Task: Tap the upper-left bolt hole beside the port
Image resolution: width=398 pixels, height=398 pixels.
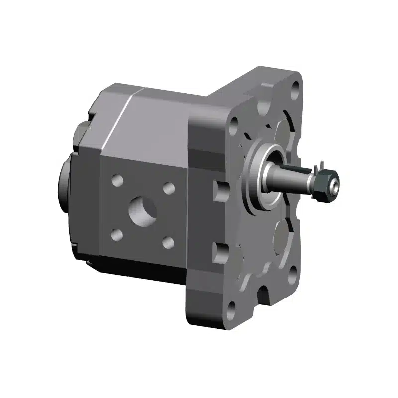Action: click(x=117, y=181)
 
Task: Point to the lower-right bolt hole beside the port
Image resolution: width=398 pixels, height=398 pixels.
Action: click(x=168, y=242)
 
